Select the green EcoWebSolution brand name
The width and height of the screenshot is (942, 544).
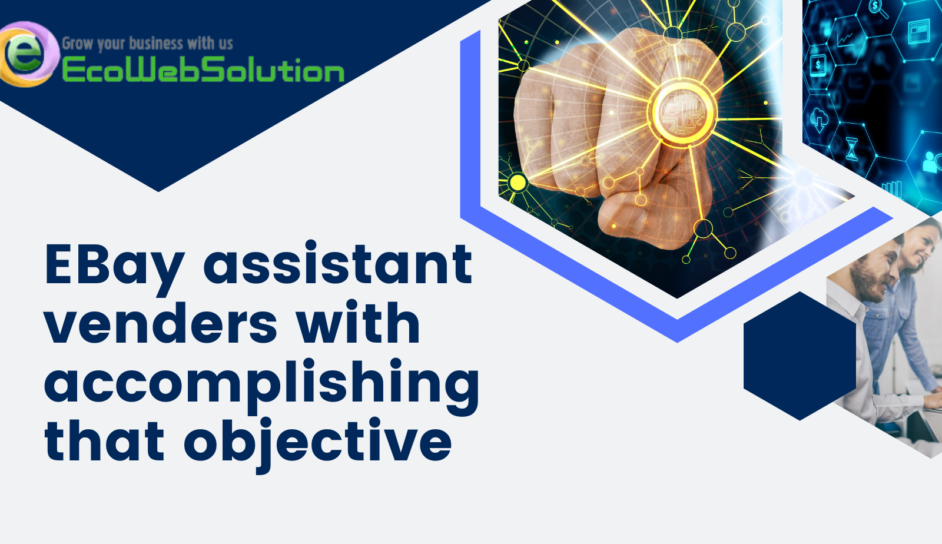pyautogui.click(x=203, y=71)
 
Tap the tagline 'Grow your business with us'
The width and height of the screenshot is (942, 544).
pyautogui.click(x=147, y=43)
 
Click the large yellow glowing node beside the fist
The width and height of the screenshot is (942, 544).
pyautogui.click(x=518, y=183)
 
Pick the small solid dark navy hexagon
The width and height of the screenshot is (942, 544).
pyautogui.click(x=800, y=356)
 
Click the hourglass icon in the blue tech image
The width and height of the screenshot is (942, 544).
pyautogui.click(x=852, y=148)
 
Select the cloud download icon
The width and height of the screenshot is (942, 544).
pyautogui.click(x=819, y=120)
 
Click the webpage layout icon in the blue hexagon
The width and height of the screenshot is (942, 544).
pyautogui.click(x=918, y=32)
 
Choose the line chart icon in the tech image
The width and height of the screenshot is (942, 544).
pyautogui.click(x=845, y=39)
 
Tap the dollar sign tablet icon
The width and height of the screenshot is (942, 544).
pyautogui.click(x=818, y=64)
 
